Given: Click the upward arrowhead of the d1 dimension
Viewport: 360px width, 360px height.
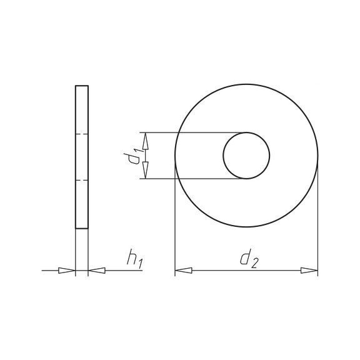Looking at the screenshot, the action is (146, 141).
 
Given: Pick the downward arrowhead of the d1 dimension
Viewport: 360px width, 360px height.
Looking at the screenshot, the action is (146, 170).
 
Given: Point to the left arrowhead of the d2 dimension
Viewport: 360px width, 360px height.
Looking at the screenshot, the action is (184, 271).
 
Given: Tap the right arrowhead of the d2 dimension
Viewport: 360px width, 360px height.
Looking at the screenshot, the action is (309, 271).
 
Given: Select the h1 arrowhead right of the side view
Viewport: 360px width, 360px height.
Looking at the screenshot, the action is (97, 271).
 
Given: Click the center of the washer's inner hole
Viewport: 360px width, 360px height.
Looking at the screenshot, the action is (246, 156).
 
